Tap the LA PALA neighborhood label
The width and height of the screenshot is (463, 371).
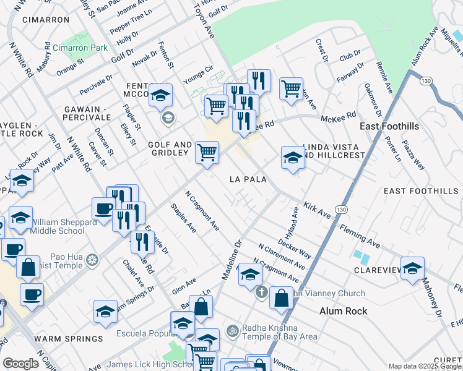coord(248,179)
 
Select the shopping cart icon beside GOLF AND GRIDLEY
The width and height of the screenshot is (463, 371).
coord(207,152)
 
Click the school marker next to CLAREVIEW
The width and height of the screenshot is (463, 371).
coord(412,268)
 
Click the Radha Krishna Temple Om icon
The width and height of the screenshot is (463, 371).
coord(232,331)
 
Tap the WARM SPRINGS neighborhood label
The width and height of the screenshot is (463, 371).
coord(69,339)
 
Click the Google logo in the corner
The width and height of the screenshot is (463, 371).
coord(20,364)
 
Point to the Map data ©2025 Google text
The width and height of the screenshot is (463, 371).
coord(424,366)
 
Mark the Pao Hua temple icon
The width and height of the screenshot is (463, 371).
coord(92,258)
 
